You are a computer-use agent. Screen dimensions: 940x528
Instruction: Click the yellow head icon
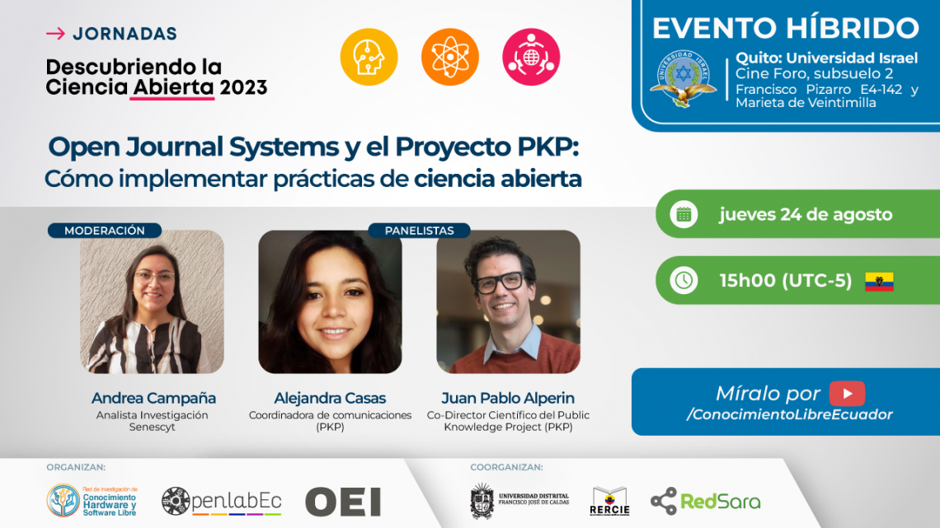click(x=369, y=57)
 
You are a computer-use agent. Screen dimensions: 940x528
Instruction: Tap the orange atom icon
click(x=449, y=57)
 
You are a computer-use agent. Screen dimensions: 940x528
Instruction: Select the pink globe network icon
click(x=531, y=57)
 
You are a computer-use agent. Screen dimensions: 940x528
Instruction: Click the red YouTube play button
click(x=847, y=393)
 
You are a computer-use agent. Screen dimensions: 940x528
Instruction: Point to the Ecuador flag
click(x=879, y=282)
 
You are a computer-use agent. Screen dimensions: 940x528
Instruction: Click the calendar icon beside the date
click(x=684, y=214)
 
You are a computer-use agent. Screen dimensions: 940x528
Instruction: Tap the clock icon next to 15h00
click(x=684, y=280)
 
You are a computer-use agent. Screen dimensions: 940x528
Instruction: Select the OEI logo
click(x=343, y=502)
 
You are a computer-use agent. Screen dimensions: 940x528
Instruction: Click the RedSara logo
click(x=706, y=501)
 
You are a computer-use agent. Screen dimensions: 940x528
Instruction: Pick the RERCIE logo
click(x=609, y=501)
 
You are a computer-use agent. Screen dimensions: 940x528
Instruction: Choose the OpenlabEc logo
click(x=221, y=501)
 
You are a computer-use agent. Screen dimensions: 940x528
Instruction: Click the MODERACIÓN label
click(x=105, y=231)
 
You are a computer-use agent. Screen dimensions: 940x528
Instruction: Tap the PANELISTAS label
click(x=419, y=231)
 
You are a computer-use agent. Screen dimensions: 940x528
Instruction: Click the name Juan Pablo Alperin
click(x=508, y=398)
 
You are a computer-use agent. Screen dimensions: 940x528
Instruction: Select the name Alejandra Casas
click(x=330, y=398)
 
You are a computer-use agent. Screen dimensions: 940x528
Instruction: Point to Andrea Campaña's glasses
click(x=155, y=278)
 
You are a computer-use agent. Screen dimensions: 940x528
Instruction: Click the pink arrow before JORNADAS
click(x=56, y=34)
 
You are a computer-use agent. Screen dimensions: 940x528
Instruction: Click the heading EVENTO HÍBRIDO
click(x=785, y=28)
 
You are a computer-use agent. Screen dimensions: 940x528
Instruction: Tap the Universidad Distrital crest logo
click(x=482, y=501)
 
